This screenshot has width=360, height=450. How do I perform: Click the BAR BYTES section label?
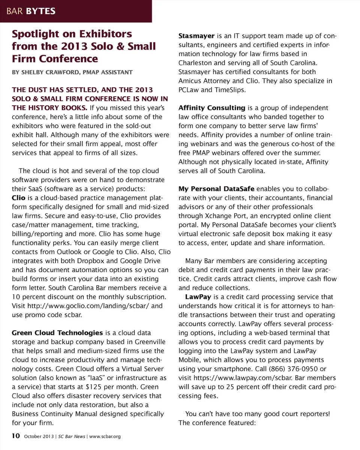click(x=31, y=11)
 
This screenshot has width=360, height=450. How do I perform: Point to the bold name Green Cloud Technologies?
click(x=57, y=333)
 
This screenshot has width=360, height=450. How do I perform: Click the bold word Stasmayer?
click(x=196, y=36)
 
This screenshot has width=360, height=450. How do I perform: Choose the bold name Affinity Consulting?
click(x=211, y=108)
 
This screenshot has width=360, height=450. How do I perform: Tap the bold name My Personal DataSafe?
click(x=216, y=189)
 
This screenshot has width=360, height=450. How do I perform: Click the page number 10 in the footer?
click(x=15, y=436)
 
